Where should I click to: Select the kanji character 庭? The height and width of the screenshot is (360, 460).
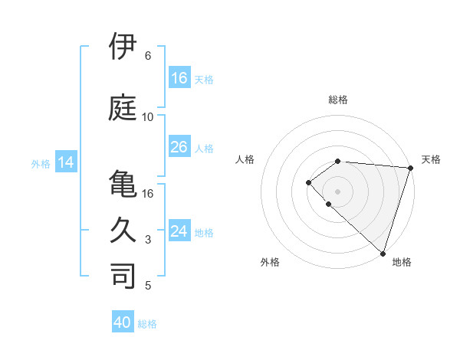point(123,106)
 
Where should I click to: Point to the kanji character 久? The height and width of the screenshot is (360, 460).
point(123,229)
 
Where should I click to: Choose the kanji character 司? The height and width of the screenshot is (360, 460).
point(123,275)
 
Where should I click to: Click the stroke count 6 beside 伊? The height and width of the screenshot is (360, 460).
point(147,56)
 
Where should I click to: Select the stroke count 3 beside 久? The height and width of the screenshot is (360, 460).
point(147,240)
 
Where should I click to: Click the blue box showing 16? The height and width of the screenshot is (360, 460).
point(179,78)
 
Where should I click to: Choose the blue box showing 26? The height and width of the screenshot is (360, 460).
point(179,147)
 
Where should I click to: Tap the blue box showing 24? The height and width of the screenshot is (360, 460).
point(179,231)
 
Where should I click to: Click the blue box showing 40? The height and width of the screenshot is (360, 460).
point(123,322)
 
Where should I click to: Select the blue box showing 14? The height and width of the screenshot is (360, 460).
point(66,162)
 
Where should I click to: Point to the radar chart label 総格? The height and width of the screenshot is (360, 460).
point(338,100)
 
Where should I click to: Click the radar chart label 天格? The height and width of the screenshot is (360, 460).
point(431,159)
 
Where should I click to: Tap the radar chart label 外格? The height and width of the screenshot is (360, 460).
point(270,262)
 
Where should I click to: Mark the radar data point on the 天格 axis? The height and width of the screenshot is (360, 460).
point(410,168)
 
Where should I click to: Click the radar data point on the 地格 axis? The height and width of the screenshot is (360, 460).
point(383,253)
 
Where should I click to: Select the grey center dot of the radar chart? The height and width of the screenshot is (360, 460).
point(337,191)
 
